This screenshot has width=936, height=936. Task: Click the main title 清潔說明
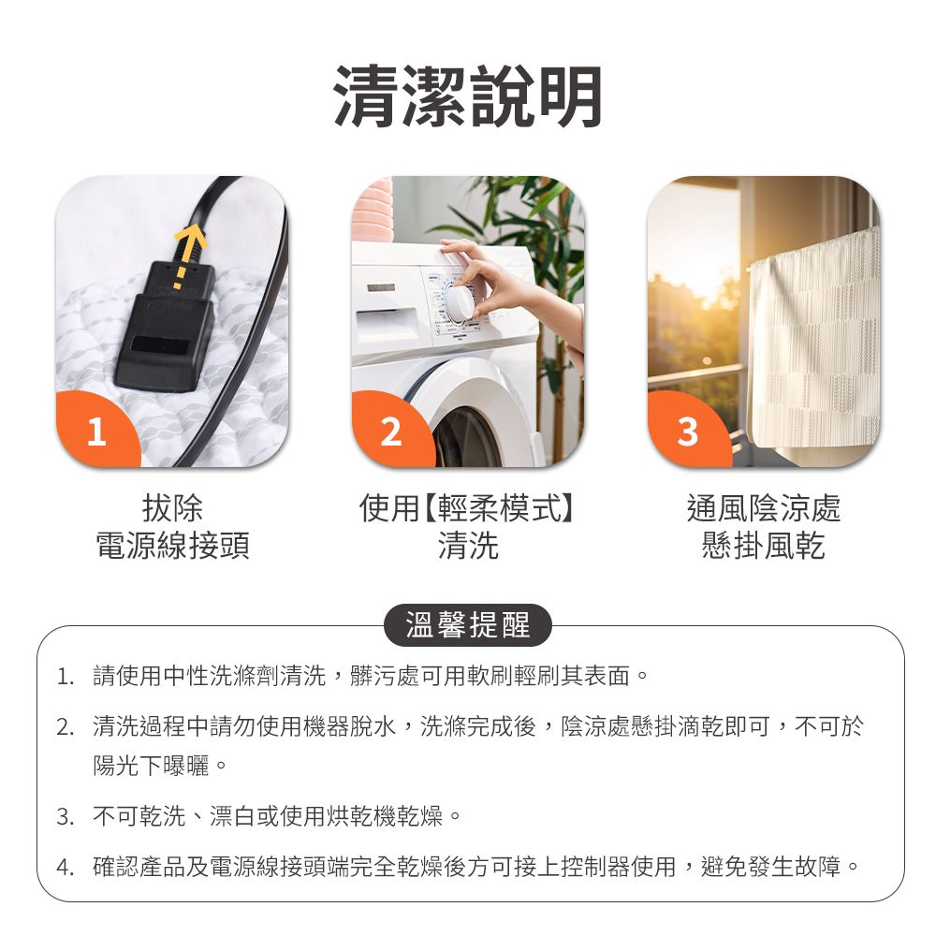[468, 96]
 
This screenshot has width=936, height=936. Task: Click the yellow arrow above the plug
[191, 245]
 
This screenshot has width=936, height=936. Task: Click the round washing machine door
[468, 421]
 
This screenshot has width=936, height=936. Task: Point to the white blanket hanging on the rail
[814, 346]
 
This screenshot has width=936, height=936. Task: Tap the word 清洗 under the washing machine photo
[468, 546]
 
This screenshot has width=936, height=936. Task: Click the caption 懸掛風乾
[764, 546]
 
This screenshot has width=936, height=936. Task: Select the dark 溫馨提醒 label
[468, 625]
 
